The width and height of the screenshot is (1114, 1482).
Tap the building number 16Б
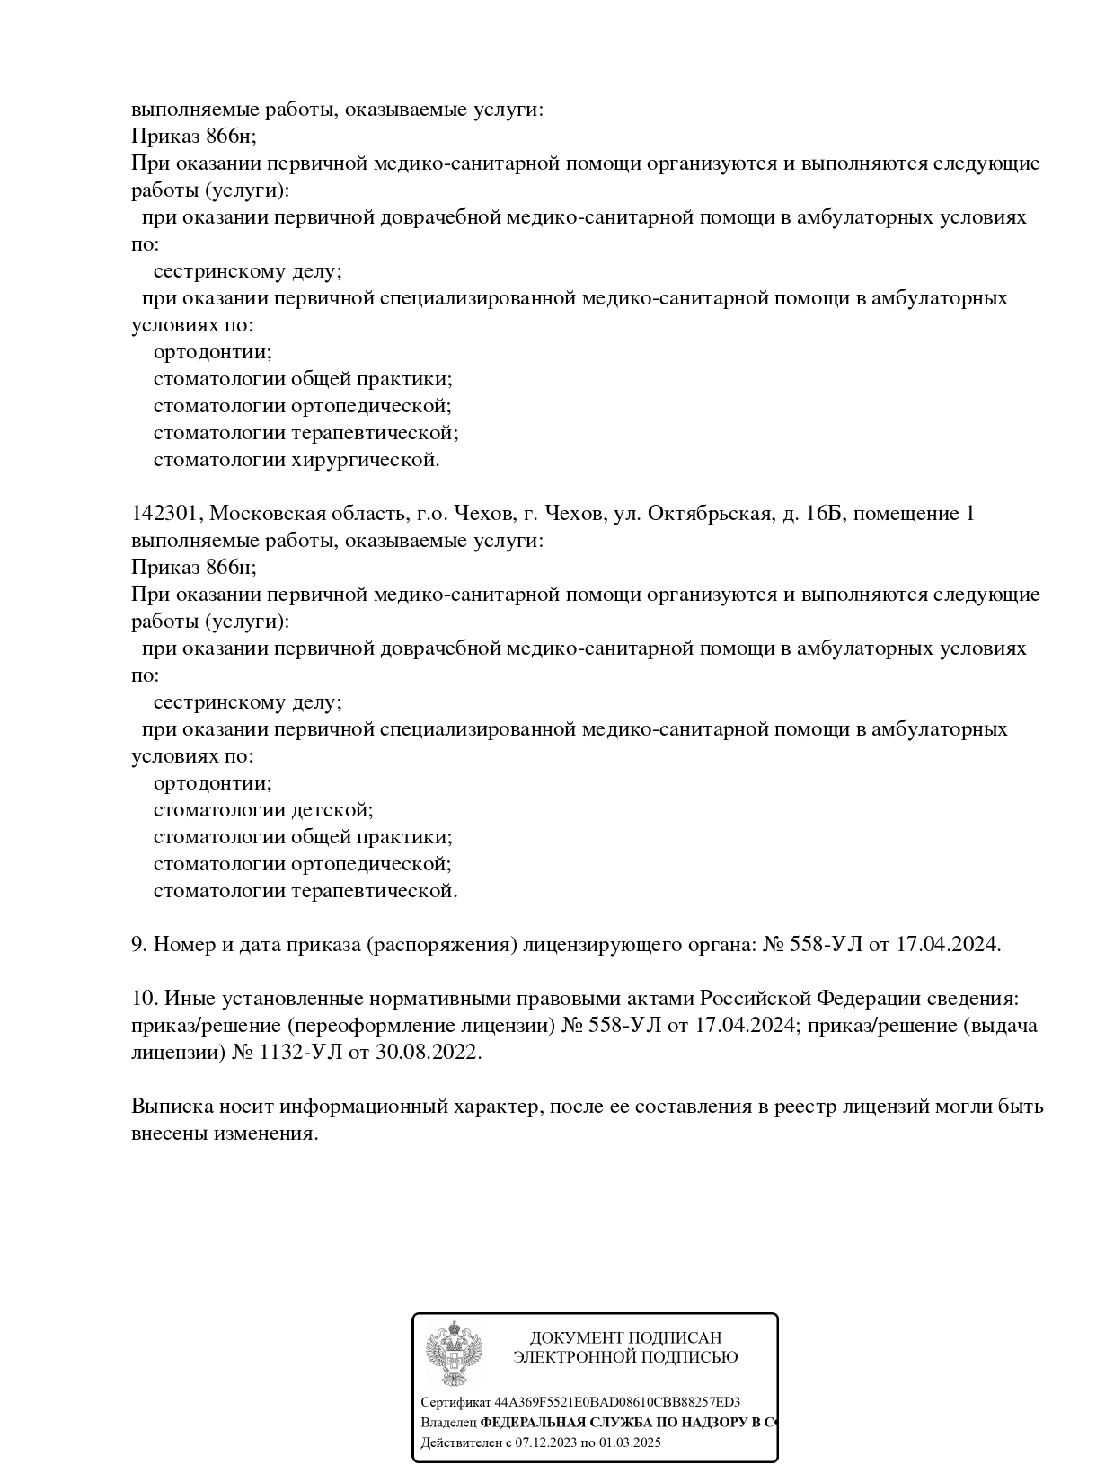[826, 514]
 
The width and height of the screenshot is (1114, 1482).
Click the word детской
[331, 810]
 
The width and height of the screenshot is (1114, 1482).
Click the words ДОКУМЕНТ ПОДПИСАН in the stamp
[625, 1338]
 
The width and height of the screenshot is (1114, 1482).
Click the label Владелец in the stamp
[448, 1423]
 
